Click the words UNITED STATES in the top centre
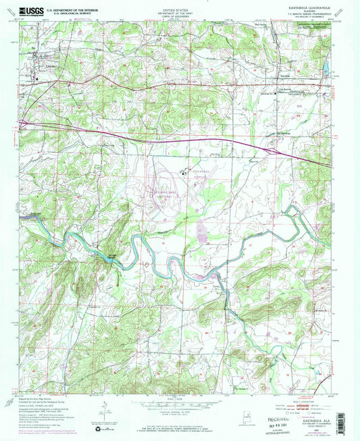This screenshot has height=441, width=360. (x=179, y=6)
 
